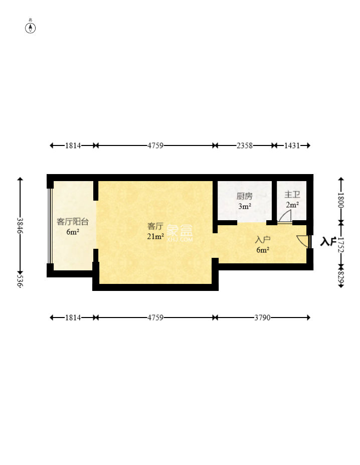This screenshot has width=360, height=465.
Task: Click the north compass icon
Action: point(31,28)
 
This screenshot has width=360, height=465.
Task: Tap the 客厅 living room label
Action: point(155,226)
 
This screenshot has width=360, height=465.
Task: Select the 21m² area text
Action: point(155,237)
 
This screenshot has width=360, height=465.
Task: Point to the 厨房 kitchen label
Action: point(244,196)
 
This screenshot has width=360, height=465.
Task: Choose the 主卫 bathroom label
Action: point(292,195)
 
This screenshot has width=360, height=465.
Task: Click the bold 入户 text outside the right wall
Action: point(327,242)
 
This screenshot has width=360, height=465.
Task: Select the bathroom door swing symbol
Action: point(285,217)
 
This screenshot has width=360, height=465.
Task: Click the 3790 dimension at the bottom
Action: point(262,318)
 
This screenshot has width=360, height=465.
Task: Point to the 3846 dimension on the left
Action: point(20,226)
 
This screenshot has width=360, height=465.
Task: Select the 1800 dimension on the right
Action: point(341,200)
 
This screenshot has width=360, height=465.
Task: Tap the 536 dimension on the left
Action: point(20,281)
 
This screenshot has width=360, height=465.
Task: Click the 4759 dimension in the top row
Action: point(155,145)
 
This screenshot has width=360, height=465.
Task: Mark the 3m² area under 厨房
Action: point(244,206)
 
